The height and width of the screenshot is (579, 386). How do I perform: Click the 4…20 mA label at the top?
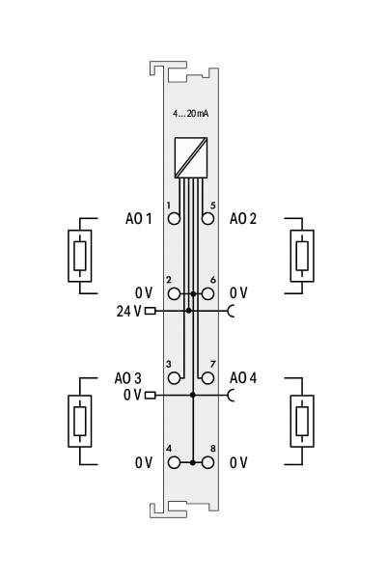pos(191,113)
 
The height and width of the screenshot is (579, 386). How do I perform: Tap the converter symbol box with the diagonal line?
pos(191,157)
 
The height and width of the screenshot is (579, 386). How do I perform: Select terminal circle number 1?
pos(174,218)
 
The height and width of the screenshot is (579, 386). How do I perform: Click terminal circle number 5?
pos(208,218)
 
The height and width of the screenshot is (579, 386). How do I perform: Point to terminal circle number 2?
pos(174,294)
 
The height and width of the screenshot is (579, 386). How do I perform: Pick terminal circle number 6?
pos(208,294)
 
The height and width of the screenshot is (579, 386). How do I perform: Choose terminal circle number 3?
pos(174,378)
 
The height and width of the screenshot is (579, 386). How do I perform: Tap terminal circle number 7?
pos(208,378)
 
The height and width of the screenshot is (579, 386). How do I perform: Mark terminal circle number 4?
pos(174,462)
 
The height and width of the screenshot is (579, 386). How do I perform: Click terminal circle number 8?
pos(208,462)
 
